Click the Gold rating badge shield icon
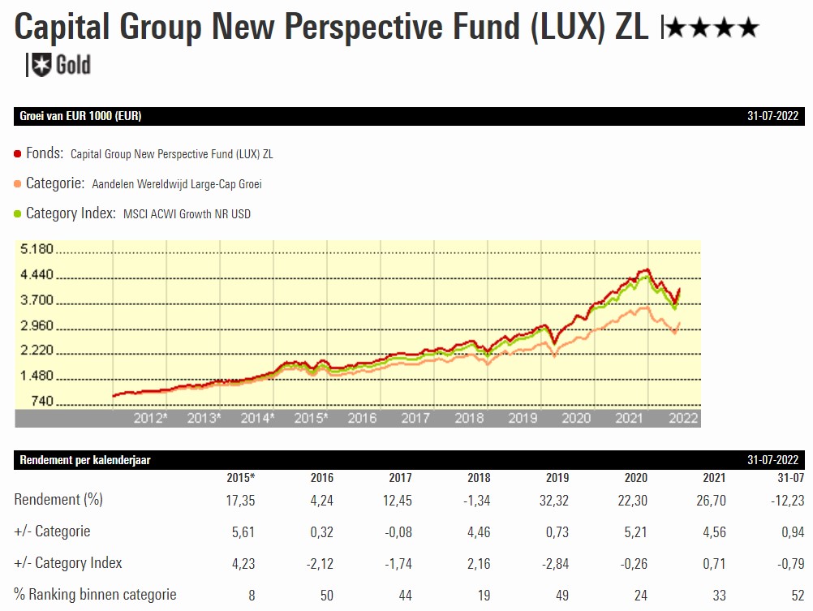(x=41, y=64)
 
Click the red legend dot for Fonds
(x=18, y=153)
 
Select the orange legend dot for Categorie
(x=18, y=184)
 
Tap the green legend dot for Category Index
(x=18, y=214)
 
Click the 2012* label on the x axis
(x=150, y=419)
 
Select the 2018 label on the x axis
(x=469, y=419)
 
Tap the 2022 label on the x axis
(x=682, y=419)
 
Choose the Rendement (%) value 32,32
(x=553, y=501)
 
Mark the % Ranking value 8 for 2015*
(x=252, y=595)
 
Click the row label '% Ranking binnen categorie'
(x=95, y=594)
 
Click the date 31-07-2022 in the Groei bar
(x=773, y=116)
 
